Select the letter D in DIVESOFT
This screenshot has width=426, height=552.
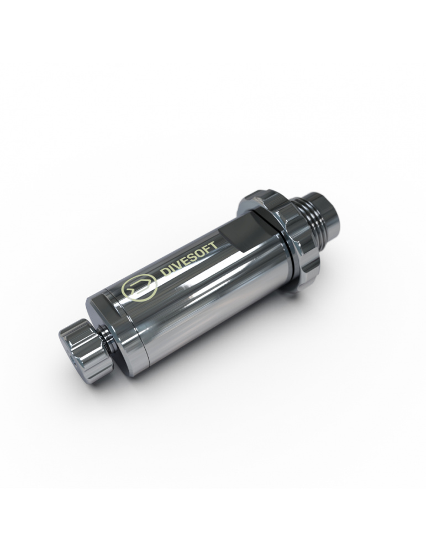click(165, 273)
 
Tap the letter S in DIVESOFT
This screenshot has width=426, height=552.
click(192, 257)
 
